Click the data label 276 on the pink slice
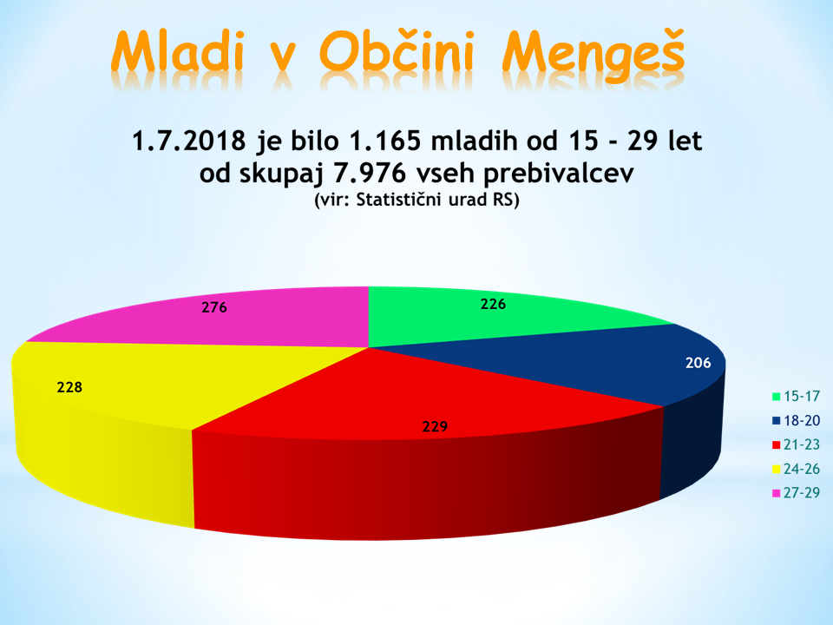pos(214,307)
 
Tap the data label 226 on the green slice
pos(493,304)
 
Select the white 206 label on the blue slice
pos(698,363)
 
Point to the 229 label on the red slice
pos(435,426)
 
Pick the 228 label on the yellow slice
pos(69,387)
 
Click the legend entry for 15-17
pos(796,396)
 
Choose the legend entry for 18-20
pos(796,420)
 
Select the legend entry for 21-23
pos(796,444)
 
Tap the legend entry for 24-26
pos(796,469)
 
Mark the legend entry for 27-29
pos(796,493)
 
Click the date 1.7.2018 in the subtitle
pos(188,141)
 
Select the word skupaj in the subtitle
pos(281,174)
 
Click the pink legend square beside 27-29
pos(776,493)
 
